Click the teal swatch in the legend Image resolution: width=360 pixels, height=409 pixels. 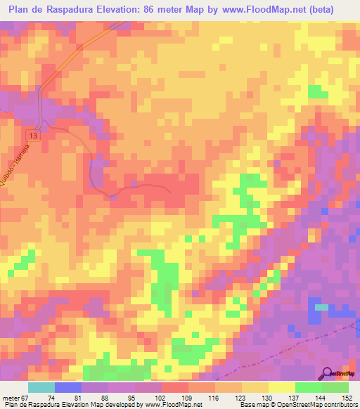click(41, 387)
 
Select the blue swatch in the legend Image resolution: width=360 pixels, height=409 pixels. click(68, 387)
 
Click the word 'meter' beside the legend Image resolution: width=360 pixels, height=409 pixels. click(9, 398)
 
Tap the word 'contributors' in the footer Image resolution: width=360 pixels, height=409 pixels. click(341, 405)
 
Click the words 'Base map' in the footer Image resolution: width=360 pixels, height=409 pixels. click(252, 405)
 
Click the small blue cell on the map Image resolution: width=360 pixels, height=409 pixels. click(321, 307)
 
